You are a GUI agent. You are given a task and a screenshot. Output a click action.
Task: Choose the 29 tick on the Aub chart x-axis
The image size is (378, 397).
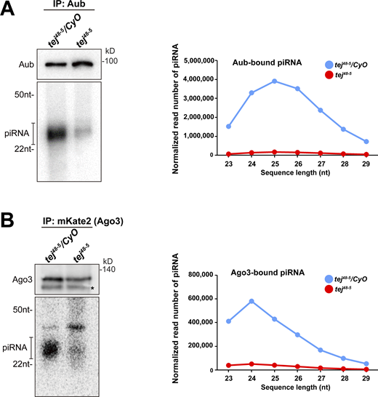click(x=367, y=163)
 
